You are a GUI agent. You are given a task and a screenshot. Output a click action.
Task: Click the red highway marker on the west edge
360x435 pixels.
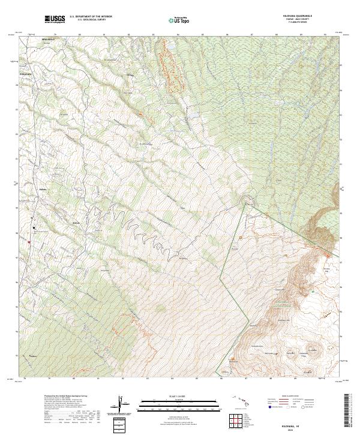point(29,242)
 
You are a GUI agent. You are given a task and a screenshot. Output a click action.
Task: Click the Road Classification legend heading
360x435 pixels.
point(288,397)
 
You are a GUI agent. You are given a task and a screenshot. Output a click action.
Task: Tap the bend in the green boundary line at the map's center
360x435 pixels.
point(245,204)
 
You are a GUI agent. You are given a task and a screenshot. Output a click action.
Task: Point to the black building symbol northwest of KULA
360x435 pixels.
point(34,227)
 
